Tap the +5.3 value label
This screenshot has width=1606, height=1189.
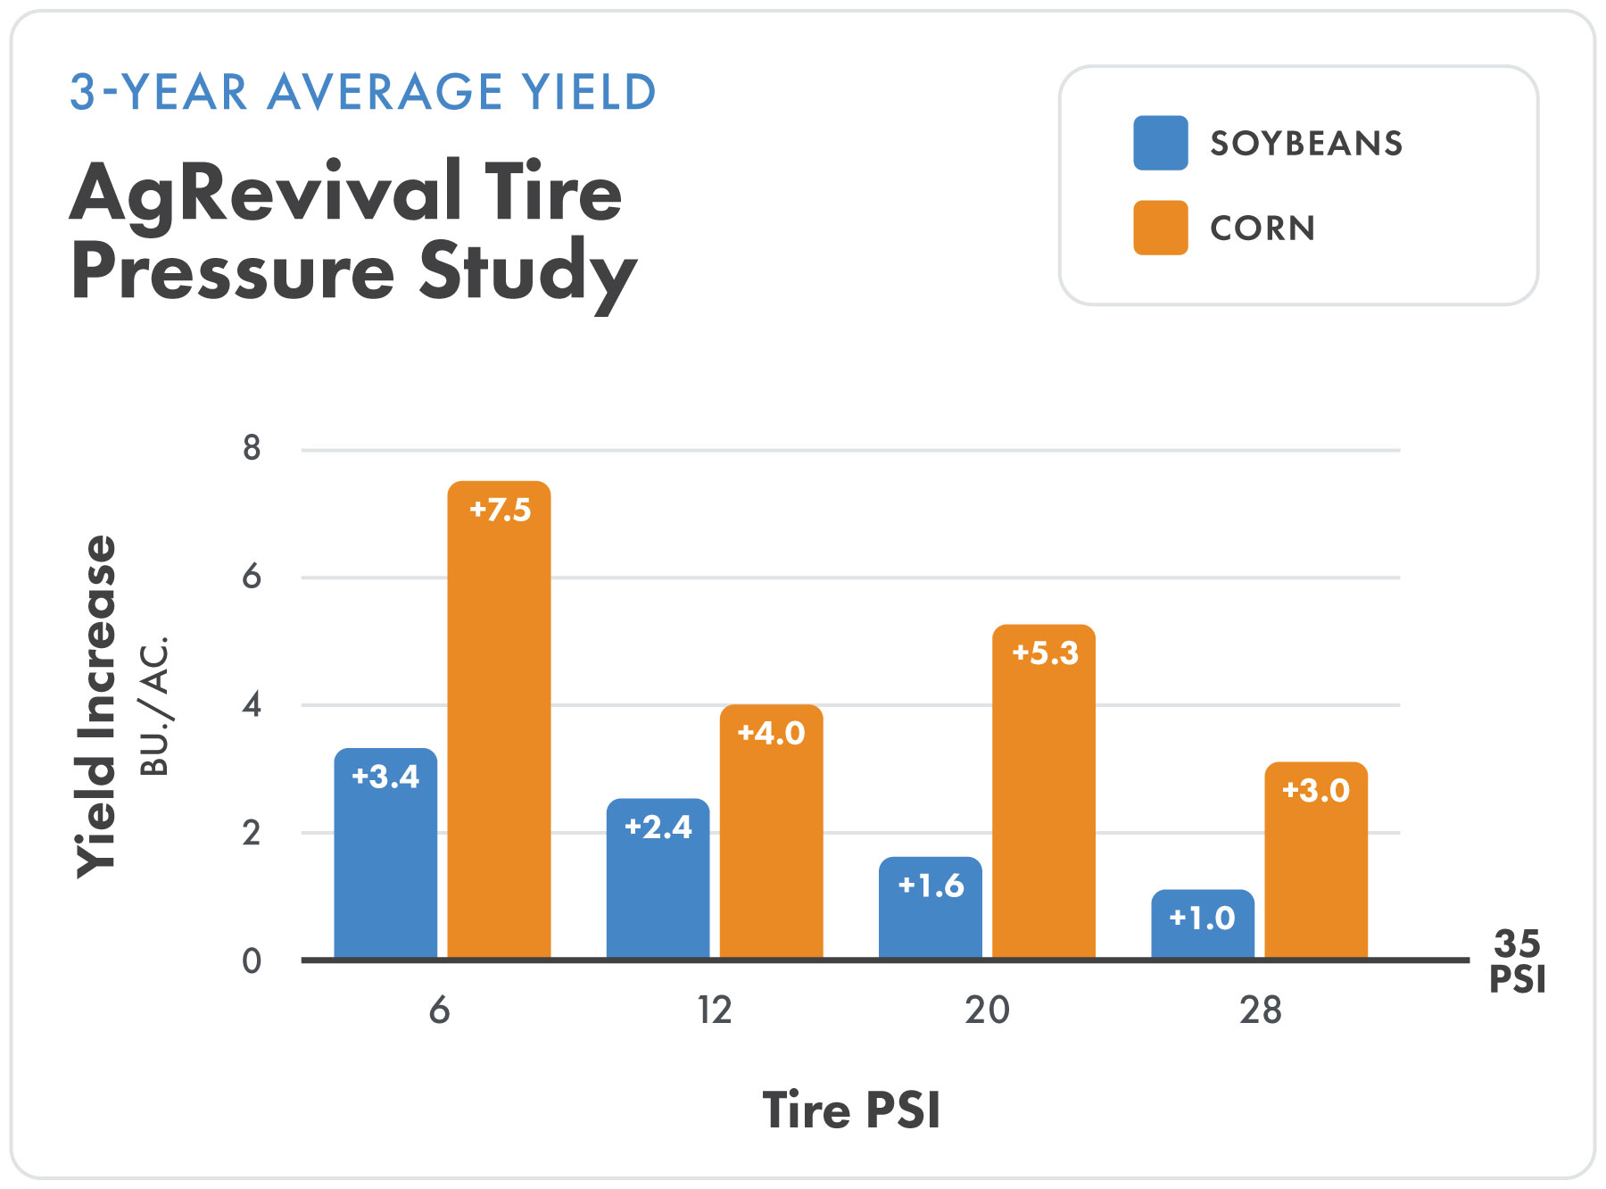(x=1045, y=653)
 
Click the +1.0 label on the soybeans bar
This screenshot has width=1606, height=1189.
(x=1202, y=918)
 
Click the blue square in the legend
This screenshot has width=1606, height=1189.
(x=1160, y=143)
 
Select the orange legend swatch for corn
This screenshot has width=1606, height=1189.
(x=1160, y=228)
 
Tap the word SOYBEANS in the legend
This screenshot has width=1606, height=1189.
(x=1306, y=144)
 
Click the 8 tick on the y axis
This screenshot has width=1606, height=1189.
(x=252, y=448)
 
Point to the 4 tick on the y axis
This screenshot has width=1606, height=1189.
(x=252, y=705)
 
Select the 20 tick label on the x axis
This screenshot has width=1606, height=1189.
(x=987, y=1010)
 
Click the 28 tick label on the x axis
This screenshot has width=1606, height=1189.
(x=1260, y=1010)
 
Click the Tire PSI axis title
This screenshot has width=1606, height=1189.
(x=851, y=1110)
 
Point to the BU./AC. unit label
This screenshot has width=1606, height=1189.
(x=155, y=705)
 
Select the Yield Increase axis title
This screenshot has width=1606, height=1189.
(x=96, y=705)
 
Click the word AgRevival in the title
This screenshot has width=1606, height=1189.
(x=265, y=193)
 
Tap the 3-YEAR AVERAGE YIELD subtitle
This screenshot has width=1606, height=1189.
(x=363, y=92)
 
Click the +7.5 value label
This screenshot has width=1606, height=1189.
(x=500, y=510)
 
